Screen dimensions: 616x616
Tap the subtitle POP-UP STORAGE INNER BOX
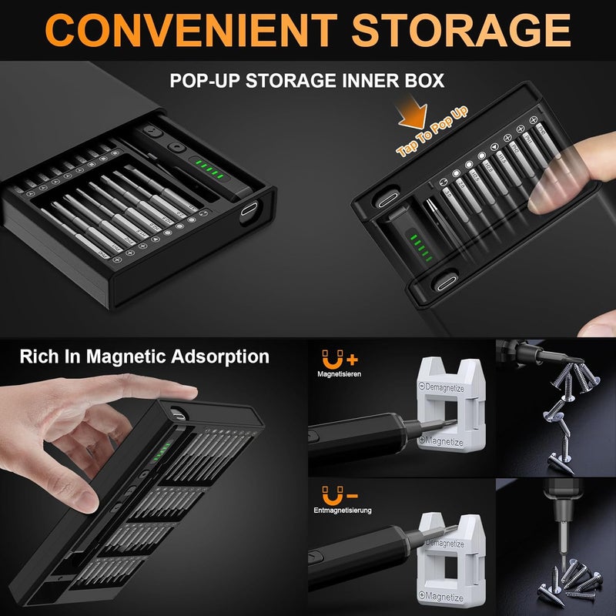[x=308, y=80]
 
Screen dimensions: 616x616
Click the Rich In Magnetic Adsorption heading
[x=145, y=357]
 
